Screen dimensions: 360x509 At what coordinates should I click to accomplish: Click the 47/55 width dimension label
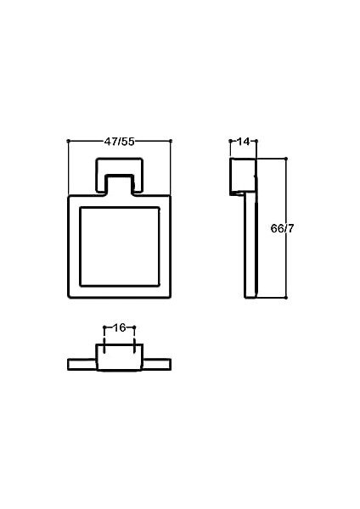(x=119, y=142)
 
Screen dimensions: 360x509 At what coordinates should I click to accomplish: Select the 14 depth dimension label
(x=243, y=142)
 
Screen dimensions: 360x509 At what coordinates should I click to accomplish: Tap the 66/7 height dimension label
(x=282, y=228)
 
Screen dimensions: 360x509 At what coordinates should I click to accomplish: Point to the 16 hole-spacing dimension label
(x=119, y=327)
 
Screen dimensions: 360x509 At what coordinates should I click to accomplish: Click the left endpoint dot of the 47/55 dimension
(x=68, y=141)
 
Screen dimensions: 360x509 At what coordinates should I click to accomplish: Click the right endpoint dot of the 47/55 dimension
(x=171, y=141)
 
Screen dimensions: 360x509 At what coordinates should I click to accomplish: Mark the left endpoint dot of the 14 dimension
(x=230, y=141)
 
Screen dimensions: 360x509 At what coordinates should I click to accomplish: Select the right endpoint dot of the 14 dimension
(x=256, y=141)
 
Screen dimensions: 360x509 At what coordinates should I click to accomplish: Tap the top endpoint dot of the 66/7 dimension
(x=286, y=159)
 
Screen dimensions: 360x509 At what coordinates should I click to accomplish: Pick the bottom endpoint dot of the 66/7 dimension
(x=286, y=298)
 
